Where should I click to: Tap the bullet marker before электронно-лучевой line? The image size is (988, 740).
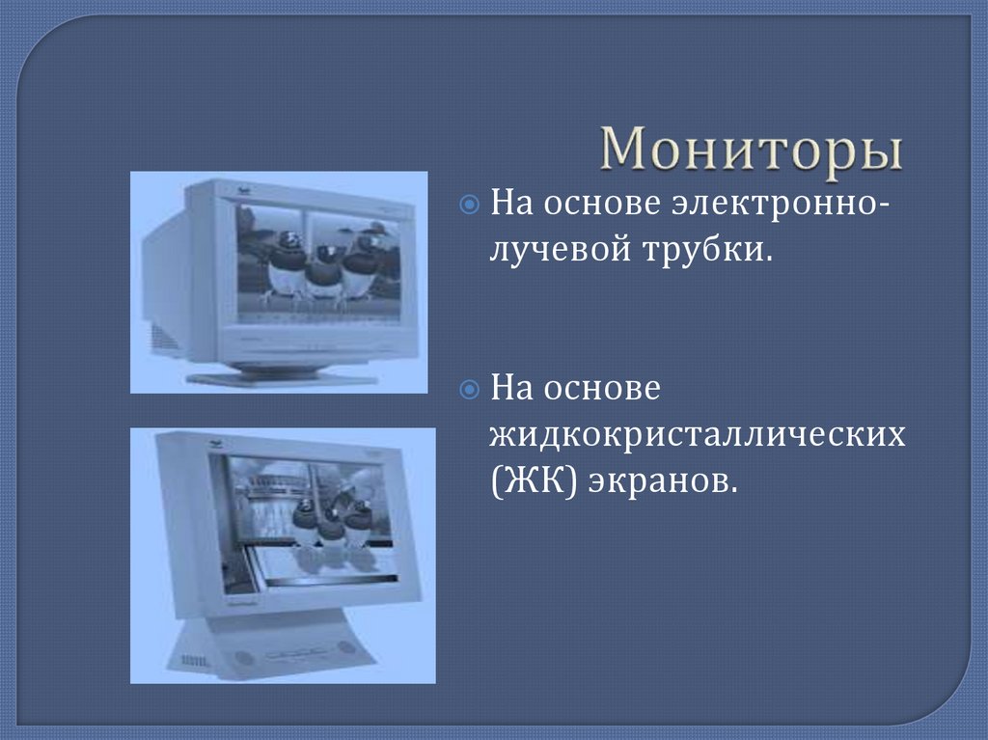pos(468,205)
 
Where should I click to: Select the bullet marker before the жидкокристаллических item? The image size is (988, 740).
pos(468,389)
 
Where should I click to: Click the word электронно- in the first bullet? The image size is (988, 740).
pos(778,205)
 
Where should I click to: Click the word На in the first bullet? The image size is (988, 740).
pos(512,205)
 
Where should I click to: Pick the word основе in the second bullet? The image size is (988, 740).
pos(602,389)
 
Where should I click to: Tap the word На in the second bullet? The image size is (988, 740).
pos(512,389)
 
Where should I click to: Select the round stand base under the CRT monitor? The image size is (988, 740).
pos(280,375)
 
